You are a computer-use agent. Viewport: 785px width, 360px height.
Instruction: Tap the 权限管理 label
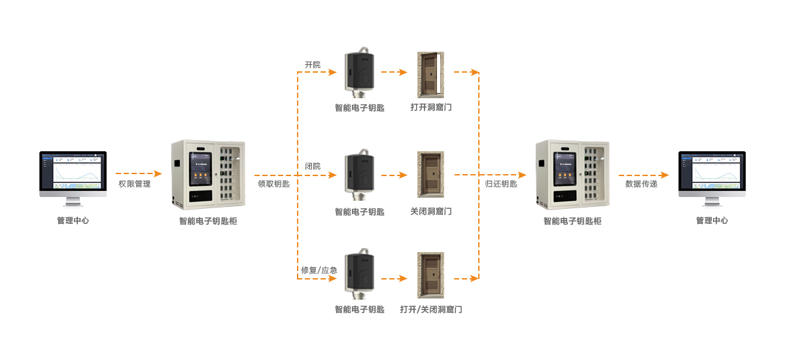click(135, 185)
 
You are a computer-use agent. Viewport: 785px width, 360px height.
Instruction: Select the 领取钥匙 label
click(274, 185)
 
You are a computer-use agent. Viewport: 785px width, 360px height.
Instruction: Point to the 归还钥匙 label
click(501, 185)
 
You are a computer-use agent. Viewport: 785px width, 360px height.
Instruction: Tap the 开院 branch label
click(313, 65)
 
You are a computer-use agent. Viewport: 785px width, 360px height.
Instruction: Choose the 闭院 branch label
click(313, 166)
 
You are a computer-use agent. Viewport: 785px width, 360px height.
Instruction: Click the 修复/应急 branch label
click(318, 270)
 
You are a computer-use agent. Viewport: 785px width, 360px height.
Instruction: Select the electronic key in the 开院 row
click(360, 71)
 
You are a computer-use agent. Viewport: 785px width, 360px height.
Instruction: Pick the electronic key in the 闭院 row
click(360, 174)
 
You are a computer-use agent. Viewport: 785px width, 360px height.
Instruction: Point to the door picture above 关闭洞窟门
click(431, 174)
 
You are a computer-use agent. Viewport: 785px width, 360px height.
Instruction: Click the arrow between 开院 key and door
click(394, 72)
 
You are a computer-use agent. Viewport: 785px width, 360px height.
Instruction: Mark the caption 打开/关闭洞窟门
click(431, 310)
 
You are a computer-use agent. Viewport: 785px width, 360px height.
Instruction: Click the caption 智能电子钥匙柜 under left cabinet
click(208, 221)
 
